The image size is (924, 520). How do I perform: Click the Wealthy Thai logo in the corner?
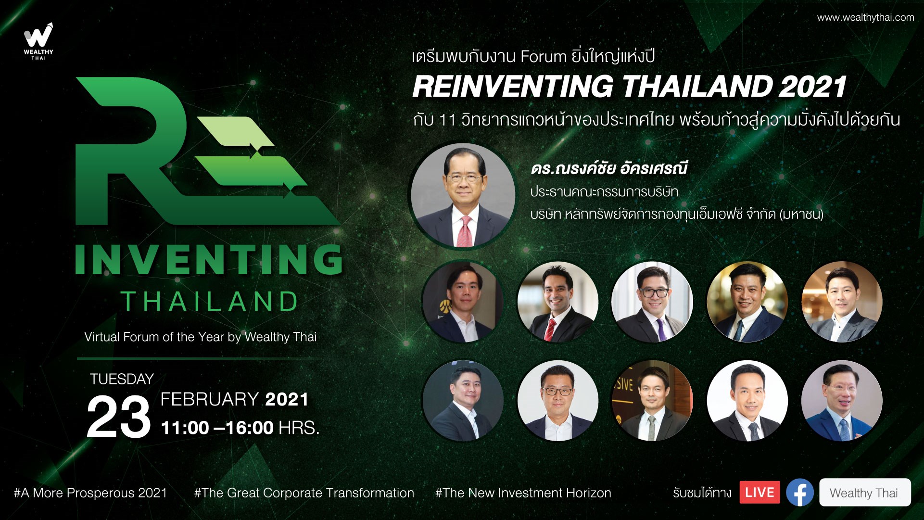click(38, 41)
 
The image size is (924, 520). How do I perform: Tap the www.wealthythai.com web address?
click(865, 18)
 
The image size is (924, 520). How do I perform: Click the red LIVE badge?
click(759, 492)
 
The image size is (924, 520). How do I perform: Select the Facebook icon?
click(799, 492)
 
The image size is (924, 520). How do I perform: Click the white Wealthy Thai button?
click(864, 492)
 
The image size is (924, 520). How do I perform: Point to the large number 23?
click(118, 417)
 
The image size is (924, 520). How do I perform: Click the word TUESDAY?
click(122, 379)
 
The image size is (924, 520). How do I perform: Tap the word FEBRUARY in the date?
click(210, 399)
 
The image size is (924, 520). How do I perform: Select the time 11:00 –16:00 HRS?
click(240, 428)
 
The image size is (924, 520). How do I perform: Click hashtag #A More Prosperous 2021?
click(90, 493)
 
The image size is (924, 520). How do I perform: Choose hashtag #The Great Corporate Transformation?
click(304, 493)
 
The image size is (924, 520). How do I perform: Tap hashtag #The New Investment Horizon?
click(523, 493)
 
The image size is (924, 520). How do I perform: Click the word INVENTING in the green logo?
click(209, 260)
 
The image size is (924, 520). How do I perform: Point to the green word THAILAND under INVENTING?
click(210, 302)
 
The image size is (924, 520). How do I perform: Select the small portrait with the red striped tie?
click(557, 302)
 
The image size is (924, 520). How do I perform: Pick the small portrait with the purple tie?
click(652, 302)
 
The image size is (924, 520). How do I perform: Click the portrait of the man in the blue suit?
click(842, 400)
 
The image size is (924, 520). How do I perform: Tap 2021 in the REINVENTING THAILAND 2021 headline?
click(812, 87)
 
